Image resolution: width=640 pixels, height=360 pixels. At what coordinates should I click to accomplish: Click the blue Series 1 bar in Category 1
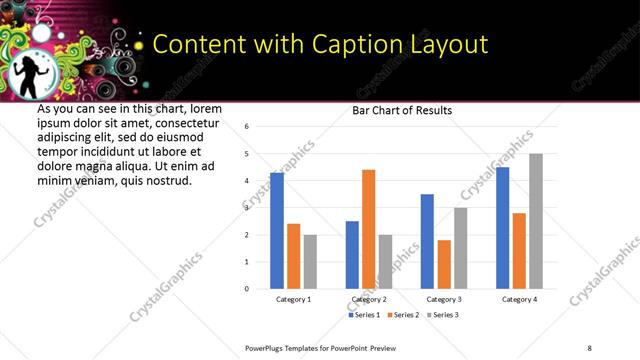[x=277, y=231]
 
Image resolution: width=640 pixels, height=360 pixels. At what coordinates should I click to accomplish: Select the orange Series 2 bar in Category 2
[x=368, y=229]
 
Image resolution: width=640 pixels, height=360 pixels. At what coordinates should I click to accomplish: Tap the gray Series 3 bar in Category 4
[x=536, y=221]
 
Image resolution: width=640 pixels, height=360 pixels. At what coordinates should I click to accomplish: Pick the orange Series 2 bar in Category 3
[x=444, y=264]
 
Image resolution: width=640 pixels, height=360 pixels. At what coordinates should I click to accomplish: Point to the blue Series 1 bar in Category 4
[x=503, y=228]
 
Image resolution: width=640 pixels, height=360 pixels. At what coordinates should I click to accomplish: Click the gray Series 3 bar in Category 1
[x=310, y=262]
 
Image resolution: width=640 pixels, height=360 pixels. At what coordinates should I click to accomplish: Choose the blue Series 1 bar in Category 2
[x=352, y=255]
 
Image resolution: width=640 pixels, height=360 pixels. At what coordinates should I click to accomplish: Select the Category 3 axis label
[x=443, y=300]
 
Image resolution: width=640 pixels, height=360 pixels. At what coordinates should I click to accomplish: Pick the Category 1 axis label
[x=293, y=300]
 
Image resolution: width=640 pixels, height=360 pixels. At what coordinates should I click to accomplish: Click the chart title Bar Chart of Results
[x=402, y=110]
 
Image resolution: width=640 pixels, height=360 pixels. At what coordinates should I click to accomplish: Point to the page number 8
[x=589, y=347]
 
